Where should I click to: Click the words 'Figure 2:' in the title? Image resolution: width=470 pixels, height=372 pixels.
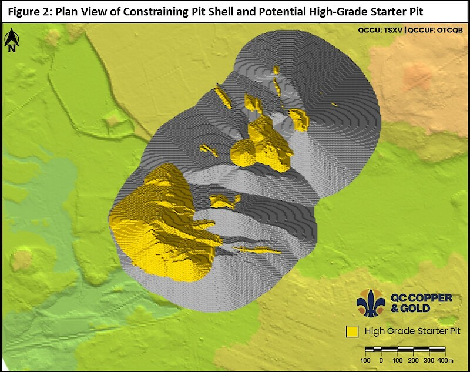coord(29,11)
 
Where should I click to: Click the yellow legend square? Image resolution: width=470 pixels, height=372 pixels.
coord(352,331)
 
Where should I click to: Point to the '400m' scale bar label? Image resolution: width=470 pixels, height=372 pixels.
coord(446,360)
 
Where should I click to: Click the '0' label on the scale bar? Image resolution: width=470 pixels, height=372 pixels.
coord(381,360)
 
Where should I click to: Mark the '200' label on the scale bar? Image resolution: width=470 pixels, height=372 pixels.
coord(413,360)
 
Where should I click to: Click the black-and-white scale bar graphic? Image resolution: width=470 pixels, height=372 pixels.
coord(405,351)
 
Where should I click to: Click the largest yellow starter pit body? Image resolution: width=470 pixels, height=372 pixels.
coord(153,223)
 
